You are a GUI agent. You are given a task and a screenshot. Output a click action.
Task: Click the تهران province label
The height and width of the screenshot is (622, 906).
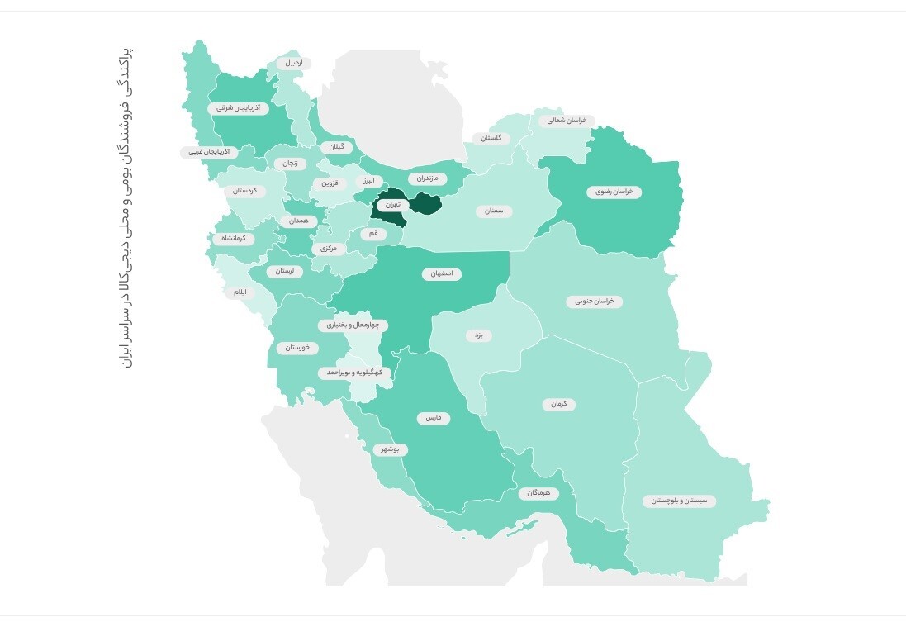point(392,203)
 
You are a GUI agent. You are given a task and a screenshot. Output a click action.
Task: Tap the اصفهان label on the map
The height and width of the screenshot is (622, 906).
point(442,273)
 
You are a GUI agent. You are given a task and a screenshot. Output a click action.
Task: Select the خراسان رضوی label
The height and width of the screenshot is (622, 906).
point(614,192)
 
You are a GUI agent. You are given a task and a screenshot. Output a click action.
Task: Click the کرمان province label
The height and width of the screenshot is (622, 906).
point(559,405)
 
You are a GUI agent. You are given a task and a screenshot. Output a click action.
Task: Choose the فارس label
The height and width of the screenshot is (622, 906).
point(433,418)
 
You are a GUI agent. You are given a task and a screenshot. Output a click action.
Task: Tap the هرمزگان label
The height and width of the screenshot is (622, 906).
point(538,493)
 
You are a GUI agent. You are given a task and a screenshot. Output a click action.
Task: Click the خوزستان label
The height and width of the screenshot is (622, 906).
point(296,348)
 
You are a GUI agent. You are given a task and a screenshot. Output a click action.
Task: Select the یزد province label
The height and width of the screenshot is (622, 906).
point(477,335)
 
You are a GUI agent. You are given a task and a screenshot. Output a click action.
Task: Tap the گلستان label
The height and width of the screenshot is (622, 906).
point(491,138)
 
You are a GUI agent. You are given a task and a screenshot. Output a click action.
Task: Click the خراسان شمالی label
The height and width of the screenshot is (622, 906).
point(567,120)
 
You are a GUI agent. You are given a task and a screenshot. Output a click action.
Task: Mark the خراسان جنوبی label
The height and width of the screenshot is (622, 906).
point(594,302)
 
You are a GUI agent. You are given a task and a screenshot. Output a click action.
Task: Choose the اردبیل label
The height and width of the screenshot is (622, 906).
point(294,63)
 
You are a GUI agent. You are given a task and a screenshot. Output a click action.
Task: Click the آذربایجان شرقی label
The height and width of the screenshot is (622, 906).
point(239,107)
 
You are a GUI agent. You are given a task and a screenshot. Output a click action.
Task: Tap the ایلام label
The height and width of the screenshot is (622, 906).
point(240,292)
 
